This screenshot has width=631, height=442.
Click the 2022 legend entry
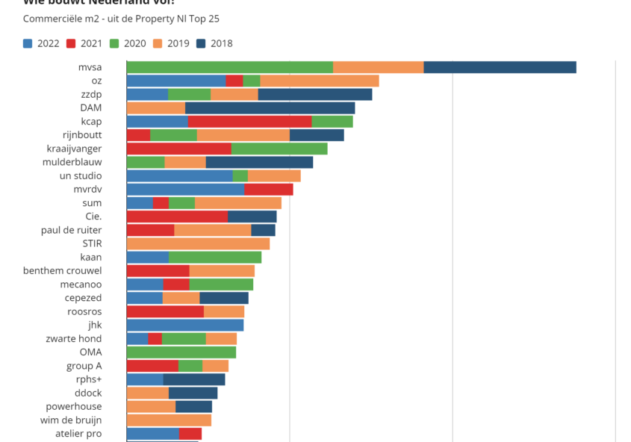41,43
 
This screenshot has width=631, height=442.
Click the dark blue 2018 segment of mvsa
500,67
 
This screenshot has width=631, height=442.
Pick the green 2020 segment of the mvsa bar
229,67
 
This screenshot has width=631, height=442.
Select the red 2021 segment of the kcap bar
249,122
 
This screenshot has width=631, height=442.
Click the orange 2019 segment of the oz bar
320,81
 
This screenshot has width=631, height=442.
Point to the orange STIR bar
198,243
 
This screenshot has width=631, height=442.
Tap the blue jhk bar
185,325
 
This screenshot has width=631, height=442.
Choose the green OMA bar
181,352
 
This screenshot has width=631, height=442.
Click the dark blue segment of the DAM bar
270,108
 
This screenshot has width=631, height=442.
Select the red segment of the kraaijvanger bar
179,149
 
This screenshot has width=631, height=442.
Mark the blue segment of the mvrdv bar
185,190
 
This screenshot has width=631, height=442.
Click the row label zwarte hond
74,338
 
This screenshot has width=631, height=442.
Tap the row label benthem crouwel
63,270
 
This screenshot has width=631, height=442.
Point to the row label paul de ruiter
72,230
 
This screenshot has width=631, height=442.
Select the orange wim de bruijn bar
169,420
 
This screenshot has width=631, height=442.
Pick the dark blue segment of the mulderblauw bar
259,162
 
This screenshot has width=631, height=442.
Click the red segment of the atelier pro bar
190,434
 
